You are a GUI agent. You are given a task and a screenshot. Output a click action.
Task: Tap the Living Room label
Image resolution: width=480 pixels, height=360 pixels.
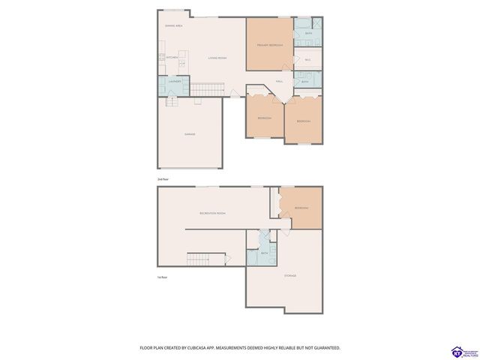[x=217, y=58]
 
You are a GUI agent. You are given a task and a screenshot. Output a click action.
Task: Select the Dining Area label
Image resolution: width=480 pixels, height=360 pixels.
[x=175, y=25]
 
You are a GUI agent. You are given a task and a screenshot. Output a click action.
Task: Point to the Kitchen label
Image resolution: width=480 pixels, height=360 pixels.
[x=172, y=58]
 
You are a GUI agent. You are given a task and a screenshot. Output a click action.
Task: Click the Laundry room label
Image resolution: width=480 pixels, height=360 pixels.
[x=175, y=82]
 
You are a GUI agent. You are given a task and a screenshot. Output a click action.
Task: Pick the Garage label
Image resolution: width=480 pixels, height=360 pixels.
[x=190, y=133]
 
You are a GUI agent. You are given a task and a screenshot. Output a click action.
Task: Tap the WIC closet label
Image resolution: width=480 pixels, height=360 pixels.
[x=307, y=59]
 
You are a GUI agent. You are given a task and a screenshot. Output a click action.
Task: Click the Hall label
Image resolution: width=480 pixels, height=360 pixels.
[x=278, y=80]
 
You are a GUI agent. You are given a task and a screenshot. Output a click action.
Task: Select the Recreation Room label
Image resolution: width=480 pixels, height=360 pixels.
[x=213, y=214]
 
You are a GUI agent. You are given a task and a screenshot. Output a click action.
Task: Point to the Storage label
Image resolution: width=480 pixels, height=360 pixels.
[x=289, y=276]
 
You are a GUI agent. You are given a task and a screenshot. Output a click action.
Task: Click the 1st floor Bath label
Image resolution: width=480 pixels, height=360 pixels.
[x=264, y=253]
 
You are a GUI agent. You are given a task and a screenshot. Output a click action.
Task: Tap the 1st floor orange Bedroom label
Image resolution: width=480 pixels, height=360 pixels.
[x=301, y=208]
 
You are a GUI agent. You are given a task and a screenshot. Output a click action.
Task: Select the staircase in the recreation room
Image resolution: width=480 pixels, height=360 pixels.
[x=206, y=259]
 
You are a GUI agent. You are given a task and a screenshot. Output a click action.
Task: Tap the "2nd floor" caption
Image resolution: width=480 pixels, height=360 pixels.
[x=163, y=180]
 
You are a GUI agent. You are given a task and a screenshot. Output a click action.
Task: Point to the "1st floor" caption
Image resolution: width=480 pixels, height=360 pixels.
[x=162, y=277]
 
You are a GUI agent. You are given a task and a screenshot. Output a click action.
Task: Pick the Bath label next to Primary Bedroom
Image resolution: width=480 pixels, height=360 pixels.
[x=309, y=33]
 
